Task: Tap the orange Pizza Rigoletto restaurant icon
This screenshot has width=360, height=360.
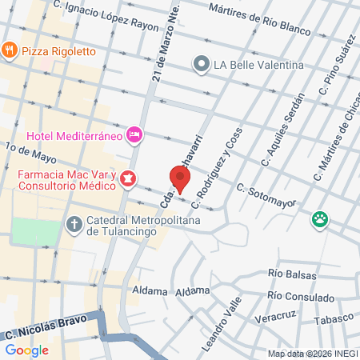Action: (10, 50)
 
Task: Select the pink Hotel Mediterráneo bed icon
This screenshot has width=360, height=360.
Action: (134, 134)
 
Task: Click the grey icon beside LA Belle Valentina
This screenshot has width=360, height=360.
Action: (201, 63)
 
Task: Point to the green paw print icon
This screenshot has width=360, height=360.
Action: (321, 218)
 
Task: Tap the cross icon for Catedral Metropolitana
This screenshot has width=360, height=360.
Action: (74, 223)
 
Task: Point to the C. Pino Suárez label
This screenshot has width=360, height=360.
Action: (334, 68)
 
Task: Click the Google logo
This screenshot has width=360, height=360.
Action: (27, 350)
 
